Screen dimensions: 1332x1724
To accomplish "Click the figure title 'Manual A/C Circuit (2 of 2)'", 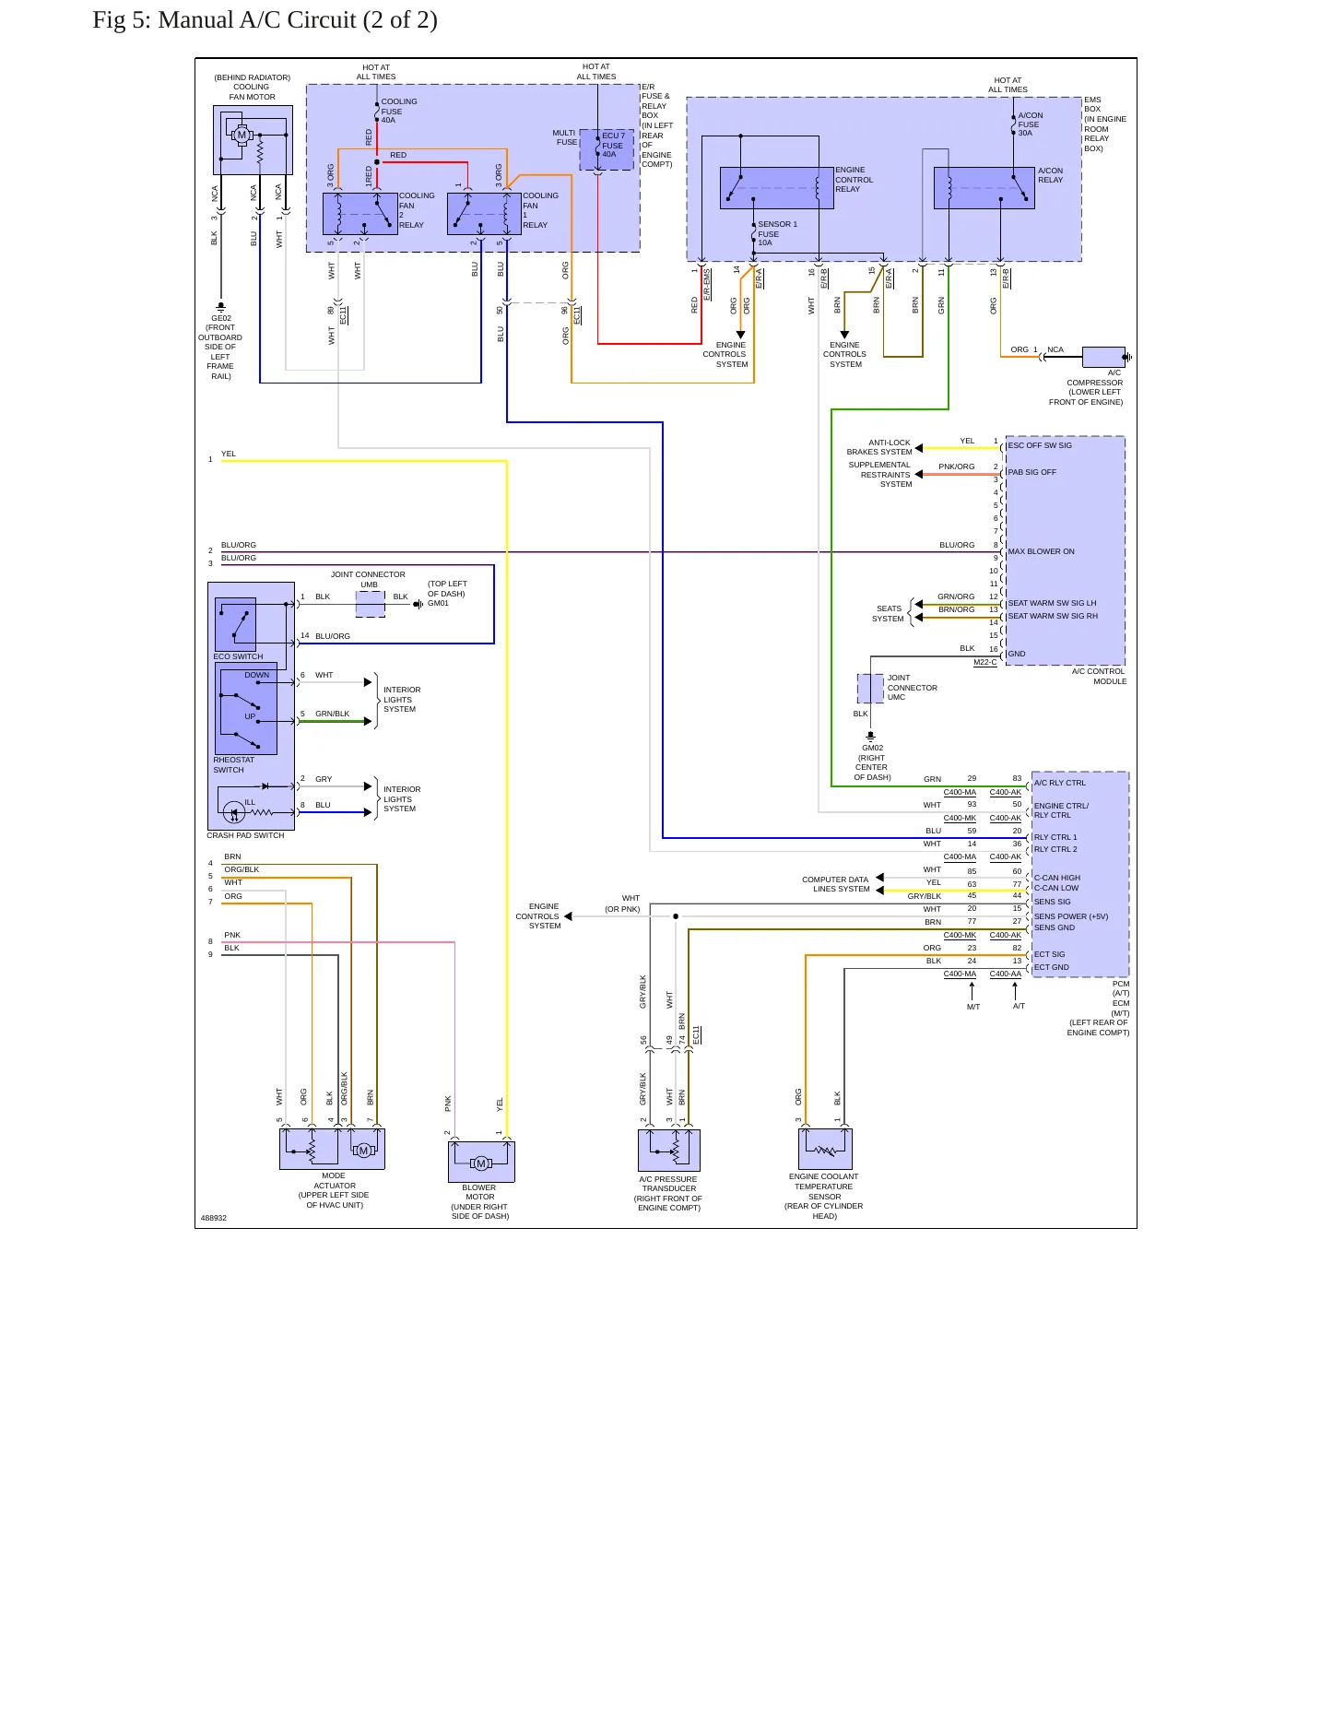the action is tap(298, 20).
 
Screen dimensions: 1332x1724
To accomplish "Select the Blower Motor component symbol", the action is tap(481, 1162).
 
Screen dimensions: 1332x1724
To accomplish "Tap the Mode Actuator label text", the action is tap(334, 1190).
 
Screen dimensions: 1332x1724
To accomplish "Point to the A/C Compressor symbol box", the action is tap(1103, 358).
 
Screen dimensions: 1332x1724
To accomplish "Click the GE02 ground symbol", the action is tap(220, 307).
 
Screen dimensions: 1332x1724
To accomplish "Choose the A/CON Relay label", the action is tap(1050, 175).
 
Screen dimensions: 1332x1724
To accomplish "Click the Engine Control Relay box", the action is tap(777, 188).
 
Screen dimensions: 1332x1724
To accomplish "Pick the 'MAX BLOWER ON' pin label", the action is tap(1041, 551).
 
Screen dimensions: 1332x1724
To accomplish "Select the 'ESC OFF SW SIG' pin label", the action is tap(1040, 445).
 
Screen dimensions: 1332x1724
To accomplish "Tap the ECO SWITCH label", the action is tap(238, 656).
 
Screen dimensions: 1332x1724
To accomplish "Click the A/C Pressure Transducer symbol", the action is tap(669, 1151).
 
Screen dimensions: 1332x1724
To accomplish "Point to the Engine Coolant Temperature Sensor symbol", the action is tap(825, 1149).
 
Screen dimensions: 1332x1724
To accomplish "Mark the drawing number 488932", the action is tap(214, 1218).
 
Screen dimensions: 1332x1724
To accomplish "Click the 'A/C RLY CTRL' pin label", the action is tap(1060, 783).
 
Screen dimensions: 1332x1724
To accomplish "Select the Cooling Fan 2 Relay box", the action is tap(360, 214).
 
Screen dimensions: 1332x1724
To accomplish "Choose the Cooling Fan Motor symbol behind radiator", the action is tap(253, 140).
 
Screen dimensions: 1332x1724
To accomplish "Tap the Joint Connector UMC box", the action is tap(870, 688).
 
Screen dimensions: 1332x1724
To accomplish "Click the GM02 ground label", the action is tap(872, 748).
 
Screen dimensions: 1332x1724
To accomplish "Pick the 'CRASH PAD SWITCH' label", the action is tap(245, 835).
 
